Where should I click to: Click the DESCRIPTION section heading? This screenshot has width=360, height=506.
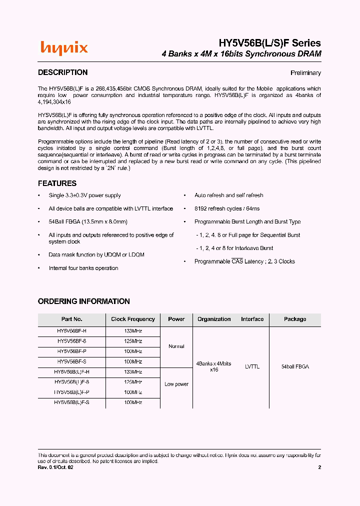pos(62,72)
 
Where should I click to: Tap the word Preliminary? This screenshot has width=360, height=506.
pos(305,73)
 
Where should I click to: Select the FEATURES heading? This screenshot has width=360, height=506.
pos(57,183)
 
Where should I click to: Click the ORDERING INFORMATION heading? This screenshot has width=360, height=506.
pos(83,301)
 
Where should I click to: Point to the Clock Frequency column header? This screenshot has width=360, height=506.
pos(133,319)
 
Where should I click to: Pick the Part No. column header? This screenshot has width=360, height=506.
pos(71,319)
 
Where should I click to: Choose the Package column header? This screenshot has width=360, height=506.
pos(295,319)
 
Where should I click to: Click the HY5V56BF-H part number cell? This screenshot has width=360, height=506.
pos(71,331)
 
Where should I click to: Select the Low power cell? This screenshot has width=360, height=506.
pos(176,384)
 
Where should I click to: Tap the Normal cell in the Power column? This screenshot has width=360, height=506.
pos(176,346)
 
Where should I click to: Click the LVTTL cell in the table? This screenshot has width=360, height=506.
pos(252,366)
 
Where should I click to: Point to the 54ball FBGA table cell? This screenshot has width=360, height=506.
pos(295,366)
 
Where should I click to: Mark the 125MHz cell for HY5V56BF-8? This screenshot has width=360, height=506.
pos(133,341)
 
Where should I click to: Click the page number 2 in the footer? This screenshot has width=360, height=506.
pos(319,467)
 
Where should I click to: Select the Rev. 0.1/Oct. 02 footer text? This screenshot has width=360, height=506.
pos(59,467)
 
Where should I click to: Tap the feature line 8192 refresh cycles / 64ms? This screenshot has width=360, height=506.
pos(227,208)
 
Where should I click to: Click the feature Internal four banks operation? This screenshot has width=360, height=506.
pos(83,268)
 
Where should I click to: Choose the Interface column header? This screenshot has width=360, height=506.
pos(252,319)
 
